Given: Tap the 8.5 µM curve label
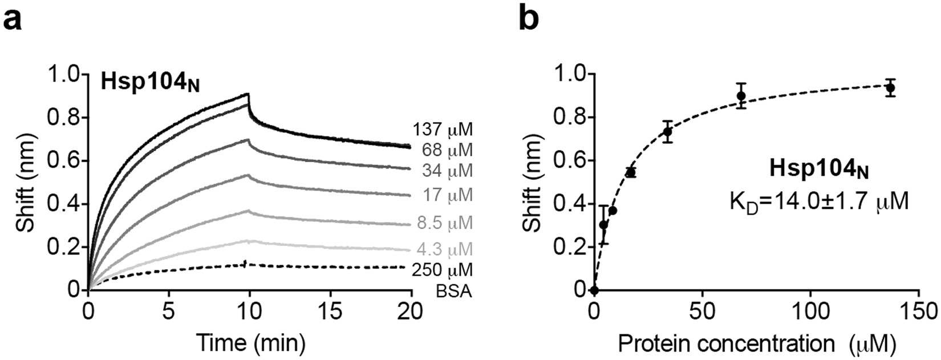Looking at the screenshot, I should [444, 223].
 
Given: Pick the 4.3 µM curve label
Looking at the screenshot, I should [444, 249].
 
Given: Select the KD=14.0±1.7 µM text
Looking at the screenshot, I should [819, 201].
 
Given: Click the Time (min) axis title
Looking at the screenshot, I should [250, 342].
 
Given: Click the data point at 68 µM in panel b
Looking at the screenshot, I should [741, 96].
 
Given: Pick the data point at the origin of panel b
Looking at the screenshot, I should [594, 290].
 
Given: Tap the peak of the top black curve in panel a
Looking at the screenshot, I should [248, 94].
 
